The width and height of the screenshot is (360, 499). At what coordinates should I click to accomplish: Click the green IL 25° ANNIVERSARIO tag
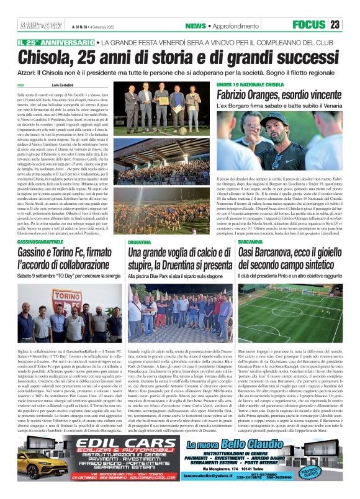tap(56, 42)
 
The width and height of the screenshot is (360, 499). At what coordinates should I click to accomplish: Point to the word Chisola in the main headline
tap(43, 58)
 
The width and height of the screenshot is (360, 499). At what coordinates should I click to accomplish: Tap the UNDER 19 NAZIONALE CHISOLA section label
tap(250, 83)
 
